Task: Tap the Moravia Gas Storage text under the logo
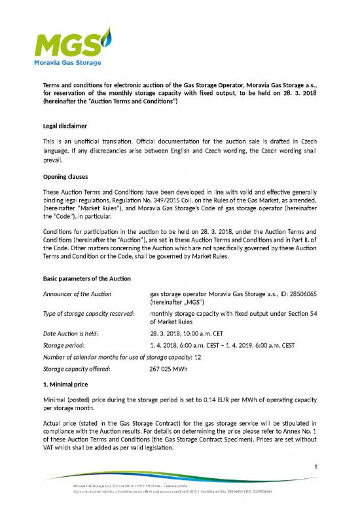tap(67, 63)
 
